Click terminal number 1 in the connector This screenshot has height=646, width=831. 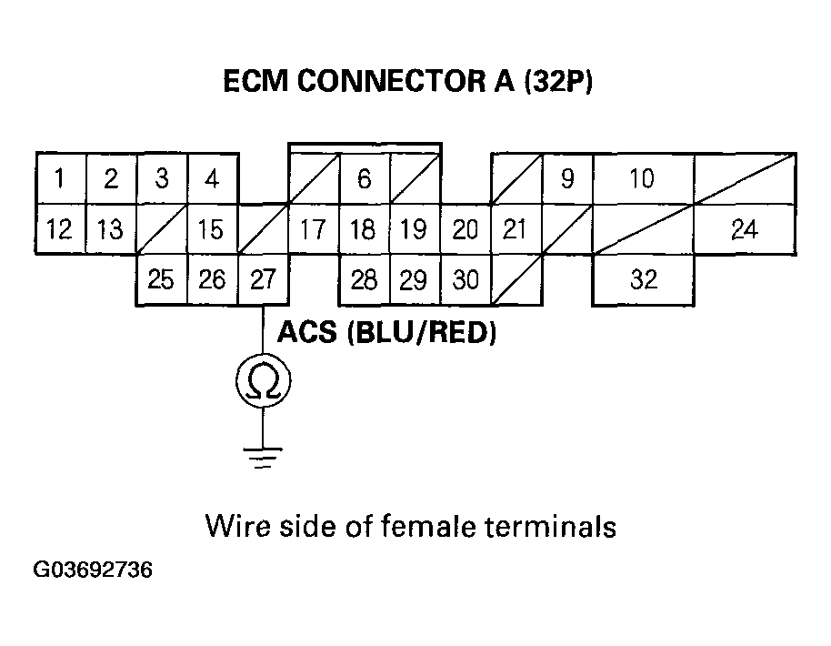(x=59, y=178)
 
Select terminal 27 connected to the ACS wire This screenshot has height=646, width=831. (x=263, y=279)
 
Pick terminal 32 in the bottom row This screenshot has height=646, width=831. (x=643, y=279)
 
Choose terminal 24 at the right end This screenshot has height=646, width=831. (x=744, y=229)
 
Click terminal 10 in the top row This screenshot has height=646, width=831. (x=642, y=178)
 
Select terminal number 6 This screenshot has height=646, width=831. (x=364, y=178)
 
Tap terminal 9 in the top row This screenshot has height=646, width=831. (x=567, y=178)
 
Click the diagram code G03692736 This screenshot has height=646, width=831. (x=92, y=571)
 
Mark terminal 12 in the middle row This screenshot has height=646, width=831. (x=59, y=229)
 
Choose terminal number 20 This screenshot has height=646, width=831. (x=466, y=229)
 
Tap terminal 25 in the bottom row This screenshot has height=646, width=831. (x=161, y=279)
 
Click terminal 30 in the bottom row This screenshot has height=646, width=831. (x=466, y=279)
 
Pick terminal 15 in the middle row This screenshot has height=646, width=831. (x=211, y=229)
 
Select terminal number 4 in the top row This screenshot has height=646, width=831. (x=211, y=178)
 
